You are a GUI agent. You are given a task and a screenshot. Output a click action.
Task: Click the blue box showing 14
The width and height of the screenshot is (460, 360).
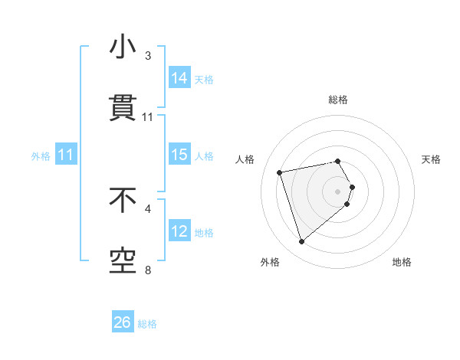pyautogui.click(x=179, y=78)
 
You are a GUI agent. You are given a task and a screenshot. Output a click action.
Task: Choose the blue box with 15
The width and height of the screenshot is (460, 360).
pyautogui.click(x=179, y=155)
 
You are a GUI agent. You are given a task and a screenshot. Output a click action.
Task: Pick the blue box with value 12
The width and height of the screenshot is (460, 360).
pyautogui.click(x=179, y=231)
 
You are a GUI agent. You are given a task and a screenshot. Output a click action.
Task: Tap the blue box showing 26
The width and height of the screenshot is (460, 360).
pyautogui.click(x=123, y=322)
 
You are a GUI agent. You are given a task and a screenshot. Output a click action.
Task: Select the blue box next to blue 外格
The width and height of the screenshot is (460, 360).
pyautogui.click(x=66, y=155)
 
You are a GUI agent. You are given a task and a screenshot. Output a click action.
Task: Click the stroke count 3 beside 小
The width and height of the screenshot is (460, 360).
pyautogui.click(x=148, y=56)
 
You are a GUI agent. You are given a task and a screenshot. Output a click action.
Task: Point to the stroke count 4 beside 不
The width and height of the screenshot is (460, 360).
pyautogui.click(x=148, y=208)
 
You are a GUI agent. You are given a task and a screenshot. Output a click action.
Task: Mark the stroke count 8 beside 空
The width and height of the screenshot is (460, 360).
pyautogui.click(x=148, y=269)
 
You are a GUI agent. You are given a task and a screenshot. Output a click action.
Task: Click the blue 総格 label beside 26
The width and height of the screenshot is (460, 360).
pyautogui.click(x=147, y=324)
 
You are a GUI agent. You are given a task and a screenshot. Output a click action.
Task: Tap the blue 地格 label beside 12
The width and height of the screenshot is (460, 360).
pyautogui.click(x=204, y=232)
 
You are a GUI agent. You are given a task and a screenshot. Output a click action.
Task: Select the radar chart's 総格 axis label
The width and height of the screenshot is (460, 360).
pyautogui.click(x=338, y=100)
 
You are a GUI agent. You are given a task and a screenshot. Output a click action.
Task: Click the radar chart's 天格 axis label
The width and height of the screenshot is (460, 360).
pyautogui.click(x=432, y=159)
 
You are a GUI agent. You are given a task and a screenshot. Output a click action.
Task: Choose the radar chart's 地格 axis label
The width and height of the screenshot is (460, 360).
pyautogui.click(x=402, y=262)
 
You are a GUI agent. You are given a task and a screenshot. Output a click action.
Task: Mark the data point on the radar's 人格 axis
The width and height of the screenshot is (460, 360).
pyautogui.click(x=280, y=172)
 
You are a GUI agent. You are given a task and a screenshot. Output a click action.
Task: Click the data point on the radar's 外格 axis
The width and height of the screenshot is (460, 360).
pyautogui.click(x=302, y=242)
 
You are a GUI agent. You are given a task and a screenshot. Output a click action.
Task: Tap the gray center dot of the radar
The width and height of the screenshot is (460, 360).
pyautogui.click(x=338, y=191)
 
